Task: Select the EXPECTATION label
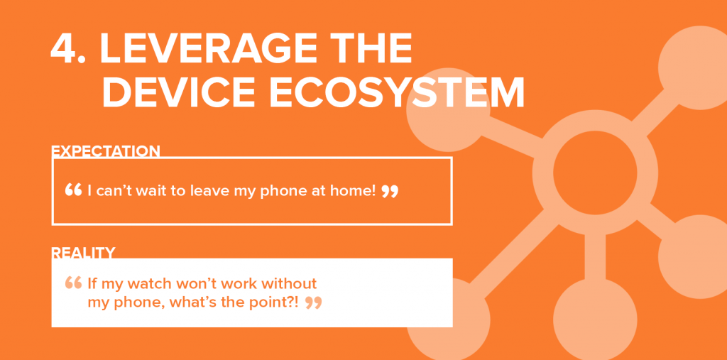[x=105, y=151]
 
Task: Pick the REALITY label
[x=83, y=253]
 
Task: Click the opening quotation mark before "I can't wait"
[x=73, y=190]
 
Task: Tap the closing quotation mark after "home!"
[x=390, y=191]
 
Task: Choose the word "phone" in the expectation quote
[x=283, y=191]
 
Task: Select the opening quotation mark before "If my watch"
[x=73, y=283]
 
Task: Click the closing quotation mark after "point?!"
[x=313, y=303]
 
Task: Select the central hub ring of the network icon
[x=543, y=173]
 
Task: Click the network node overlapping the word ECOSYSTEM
[x=448, y=110]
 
